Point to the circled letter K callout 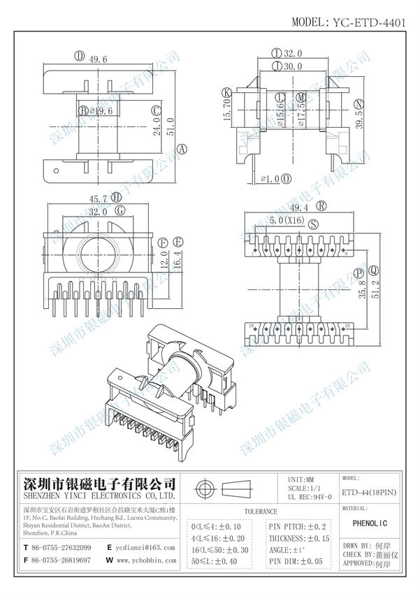click(226, 92)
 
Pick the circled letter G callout click(120, 210)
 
